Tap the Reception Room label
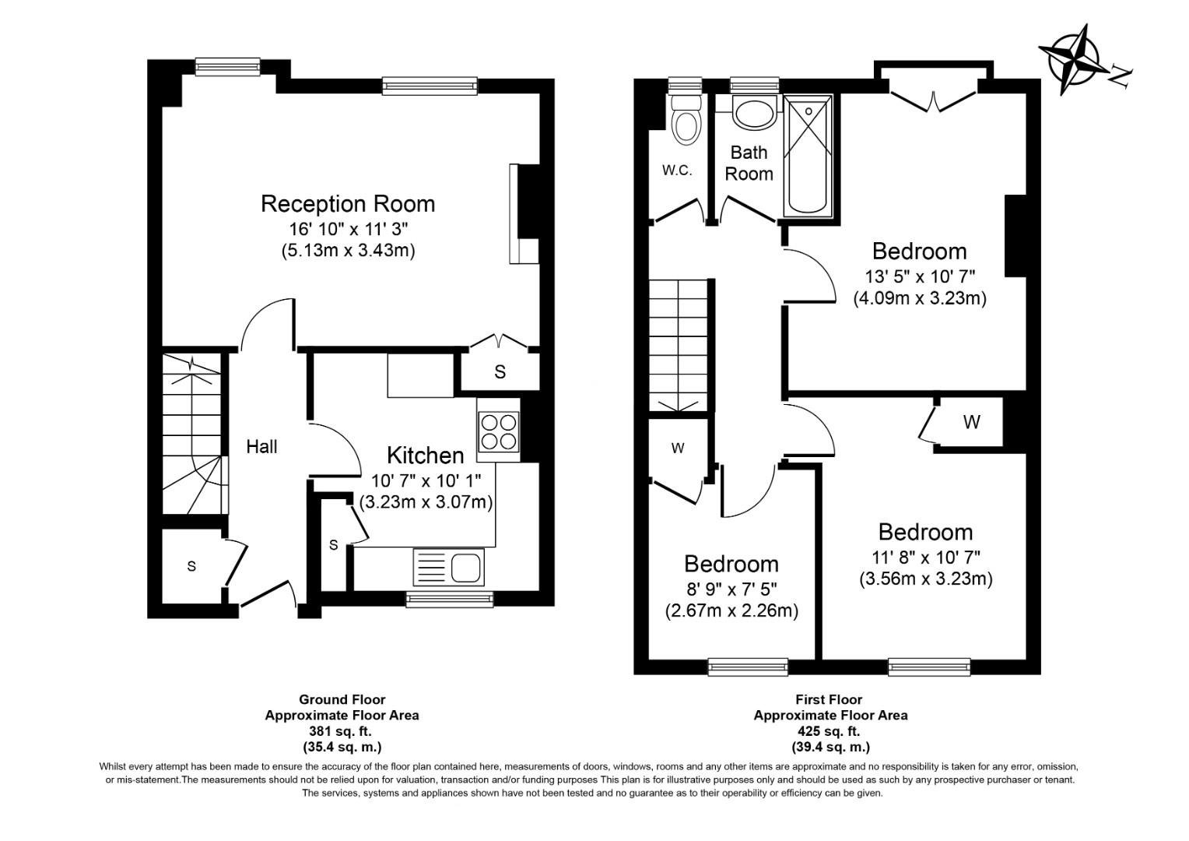pyautogui.click(x=347, y=204)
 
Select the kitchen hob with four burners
pyautogui.click(x=499, y=431)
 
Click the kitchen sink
pyautogui.click(x=450, y=566)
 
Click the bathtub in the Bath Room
pyautogui.click(x=808, y=156)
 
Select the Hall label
pyautogui.click(x=261, y=447)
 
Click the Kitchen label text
pyautogui.click(x=425, y=456)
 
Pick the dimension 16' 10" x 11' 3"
pyautogui.click(x=347, y=229)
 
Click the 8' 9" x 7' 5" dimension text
pyautogui.click(x=731, y=588)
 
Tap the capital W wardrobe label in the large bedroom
pyautogui.click(x=971, y=423)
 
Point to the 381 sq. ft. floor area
pyautogui.click(x=342, y=731)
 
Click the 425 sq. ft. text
pyautogui.click(x=829, y=731)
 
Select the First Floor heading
pyautogui.click(x=829, y=699)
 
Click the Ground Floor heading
pyautogui.click(x=342, y=699)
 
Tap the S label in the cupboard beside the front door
pyautogui.click(x=191, y=567)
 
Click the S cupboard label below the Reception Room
pyautogui.click(x=500, y=372)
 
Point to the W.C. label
pyautogui.click(x=677, y=171)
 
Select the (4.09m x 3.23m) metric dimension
pyautogui.click(x=920, y=298)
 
